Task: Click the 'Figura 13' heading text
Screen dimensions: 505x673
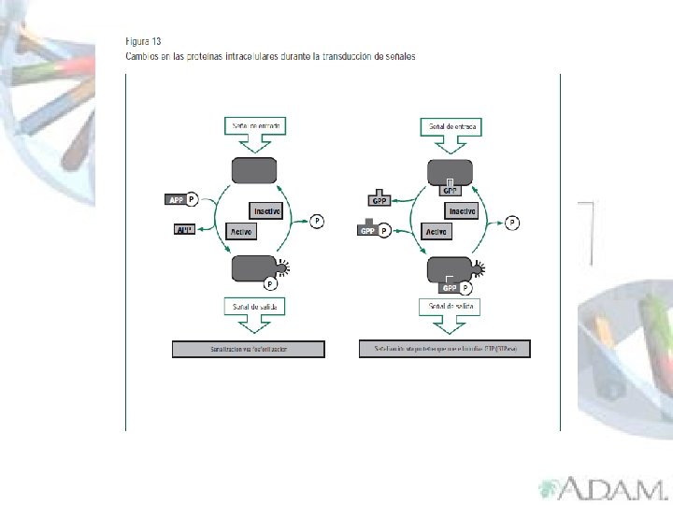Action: pos(143,41)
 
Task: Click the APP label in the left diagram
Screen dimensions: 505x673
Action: pos(175,199)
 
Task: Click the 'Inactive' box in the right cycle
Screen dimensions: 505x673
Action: pos(463,211)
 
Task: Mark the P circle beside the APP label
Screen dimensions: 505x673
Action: pos(192,199)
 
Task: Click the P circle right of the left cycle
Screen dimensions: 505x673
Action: pos(318,221)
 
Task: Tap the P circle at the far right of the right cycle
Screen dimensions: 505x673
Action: pos(511,222)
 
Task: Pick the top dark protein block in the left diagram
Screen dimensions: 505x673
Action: pos(254,171)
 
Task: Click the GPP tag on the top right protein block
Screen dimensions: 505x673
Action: pos(450,190)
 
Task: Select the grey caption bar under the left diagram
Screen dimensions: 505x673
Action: pos(249,349)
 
